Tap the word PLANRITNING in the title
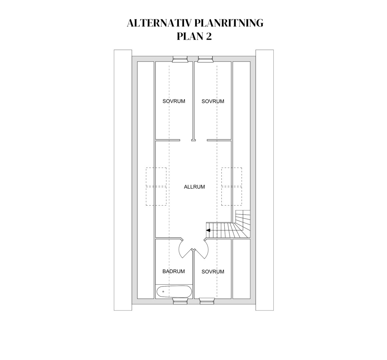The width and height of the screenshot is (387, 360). [229, 23]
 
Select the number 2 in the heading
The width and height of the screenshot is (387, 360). [209, 36]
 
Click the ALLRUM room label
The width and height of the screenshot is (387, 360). [194, 187]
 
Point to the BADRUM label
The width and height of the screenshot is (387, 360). [174, 271]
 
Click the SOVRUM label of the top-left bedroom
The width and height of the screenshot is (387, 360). [174, 101]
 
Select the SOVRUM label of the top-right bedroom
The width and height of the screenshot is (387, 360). [213, 101]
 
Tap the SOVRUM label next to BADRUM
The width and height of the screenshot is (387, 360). [213, 272]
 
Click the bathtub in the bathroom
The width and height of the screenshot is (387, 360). [174, 292]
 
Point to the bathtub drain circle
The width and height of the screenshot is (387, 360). [163, 291]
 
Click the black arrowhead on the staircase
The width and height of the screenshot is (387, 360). [208, 230]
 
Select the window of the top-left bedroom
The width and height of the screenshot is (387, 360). [180, 59]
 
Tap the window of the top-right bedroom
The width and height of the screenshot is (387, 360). [205, 59]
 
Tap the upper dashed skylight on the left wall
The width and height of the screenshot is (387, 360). [156, 177]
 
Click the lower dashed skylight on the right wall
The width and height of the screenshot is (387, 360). [232, 196]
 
